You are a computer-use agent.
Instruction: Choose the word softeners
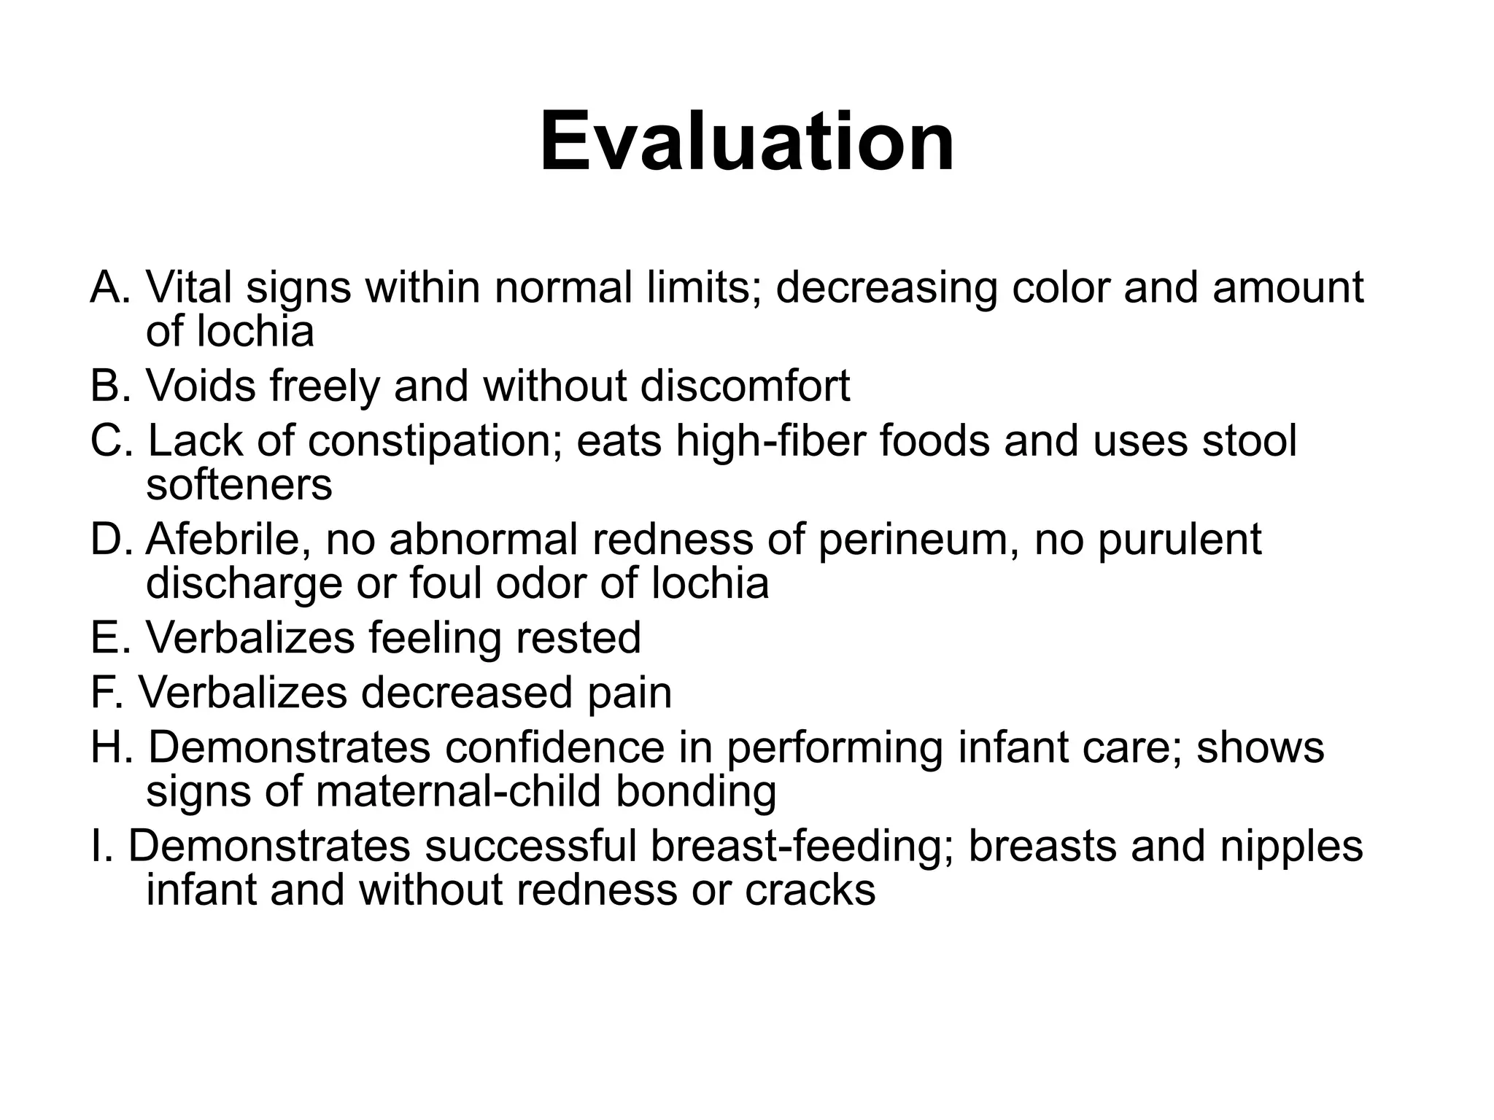tap(239, 484)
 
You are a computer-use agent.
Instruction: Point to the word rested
tap(578, 637)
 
